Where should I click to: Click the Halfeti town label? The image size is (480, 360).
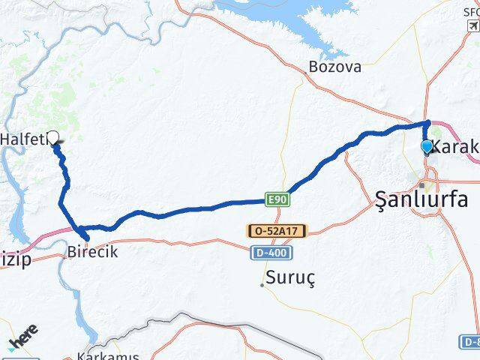(x=22, y=139)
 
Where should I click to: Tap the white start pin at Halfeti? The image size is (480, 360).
(x=53, y=137)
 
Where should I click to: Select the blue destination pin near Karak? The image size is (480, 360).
(x=427, y=146)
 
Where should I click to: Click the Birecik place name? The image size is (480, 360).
(x=92, y=252)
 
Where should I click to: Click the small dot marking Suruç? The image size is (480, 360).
(x=262, y=284)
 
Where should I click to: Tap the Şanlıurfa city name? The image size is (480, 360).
(x=421, y=199)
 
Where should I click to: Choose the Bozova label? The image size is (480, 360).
(x=334, y=67)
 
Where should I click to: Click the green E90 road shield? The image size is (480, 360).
(x=276, y=199)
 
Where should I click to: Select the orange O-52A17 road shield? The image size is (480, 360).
(x=277, y=232)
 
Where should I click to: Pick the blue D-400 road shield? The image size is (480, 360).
(x=266, y=253)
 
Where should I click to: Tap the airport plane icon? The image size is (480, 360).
(x=472, y=27)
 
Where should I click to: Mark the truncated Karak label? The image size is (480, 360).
(x=457, y=147)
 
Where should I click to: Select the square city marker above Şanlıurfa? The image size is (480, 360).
(x=424, y=184)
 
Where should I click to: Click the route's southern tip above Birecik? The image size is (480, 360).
(x=87, y=238)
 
